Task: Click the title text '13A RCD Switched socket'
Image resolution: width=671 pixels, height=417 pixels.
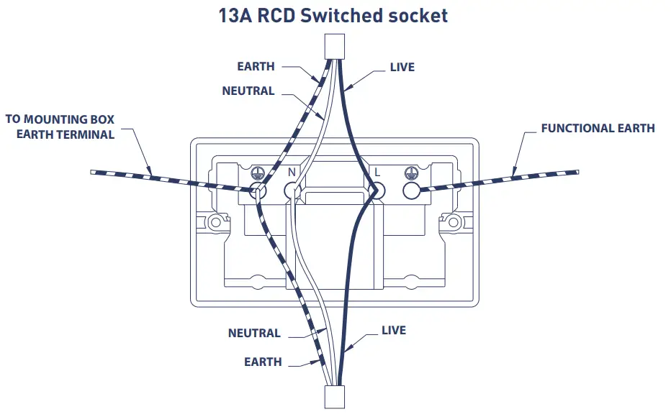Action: tap(333, 15)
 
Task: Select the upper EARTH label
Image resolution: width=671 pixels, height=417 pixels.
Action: tap(256, 66)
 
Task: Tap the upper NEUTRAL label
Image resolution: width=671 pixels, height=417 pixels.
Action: tap(248, 91)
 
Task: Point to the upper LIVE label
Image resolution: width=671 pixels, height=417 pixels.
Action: tap(402, 67)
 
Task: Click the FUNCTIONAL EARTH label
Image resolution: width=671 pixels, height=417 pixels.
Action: tap(598, 128)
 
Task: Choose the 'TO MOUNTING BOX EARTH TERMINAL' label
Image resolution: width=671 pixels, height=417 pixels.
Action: tap(60, 127)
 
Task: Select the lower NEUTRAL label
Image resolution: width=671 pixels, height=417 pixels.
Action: tap(254, 333)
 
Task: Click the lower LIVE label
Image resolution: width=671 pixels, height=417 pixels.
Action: tap(393, 330)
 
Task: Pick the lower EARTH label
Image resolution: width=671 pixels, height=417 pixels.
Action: tap(263, 362)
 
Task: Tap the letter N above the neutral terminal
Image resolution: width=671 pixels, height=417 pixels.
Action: tap(292, 173)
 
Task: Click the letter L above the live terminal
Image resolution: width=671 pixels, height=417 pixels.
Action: tap(376, 173)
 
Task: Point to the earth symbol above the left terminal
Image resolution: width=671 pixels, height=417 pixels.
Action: tap(254, 173)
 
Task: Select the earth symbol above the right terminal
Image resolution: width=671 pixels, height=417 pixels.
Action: tap(412, 173)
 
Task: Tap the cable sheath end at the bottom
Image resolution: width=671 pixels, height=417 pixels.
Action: tap(333, 398)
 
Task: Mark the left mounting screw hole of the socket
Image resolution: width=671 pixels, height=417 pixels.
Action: tap(215, 222)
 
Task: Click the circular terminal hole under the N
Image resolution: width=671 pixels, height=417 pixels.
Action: tap(292, 191)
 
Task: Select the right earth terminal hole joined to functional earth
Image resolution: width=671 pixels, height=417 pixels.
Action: tap(412, 191)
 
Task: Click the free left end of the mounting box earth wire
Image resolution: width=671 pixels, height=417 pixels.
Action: tap(94, 173)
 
